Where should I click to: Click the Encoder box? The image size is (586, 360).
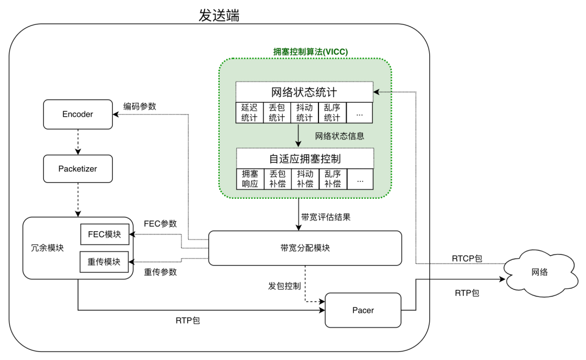[78, 114]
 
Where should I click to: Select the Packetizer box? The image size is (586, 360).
[78, 169]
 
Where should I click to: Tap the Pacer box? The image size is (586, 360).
[362, 310]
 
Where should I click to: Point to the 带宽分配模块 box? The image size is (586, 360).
[305, 248]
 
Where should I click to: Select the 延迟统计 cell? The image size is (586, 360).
[249, 112]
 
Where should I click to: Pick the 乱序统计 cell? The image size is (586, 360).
[332, 112]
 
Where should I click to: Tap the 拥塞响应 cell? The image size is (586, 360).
[250, 179]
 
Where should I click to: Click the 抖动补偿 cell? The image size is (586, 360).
[305, 179]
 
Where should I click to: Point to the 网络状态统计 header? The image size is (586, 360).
[304, 91]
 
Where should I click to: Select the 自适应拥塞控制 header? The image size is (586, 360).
[305, 159]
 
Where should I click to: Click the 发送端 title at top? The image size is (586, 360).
[219, 16]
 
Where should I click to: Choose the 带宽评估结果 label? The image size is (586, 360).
[326, 217]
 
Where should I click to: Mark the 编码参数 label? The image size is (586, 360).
[139, 106]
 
